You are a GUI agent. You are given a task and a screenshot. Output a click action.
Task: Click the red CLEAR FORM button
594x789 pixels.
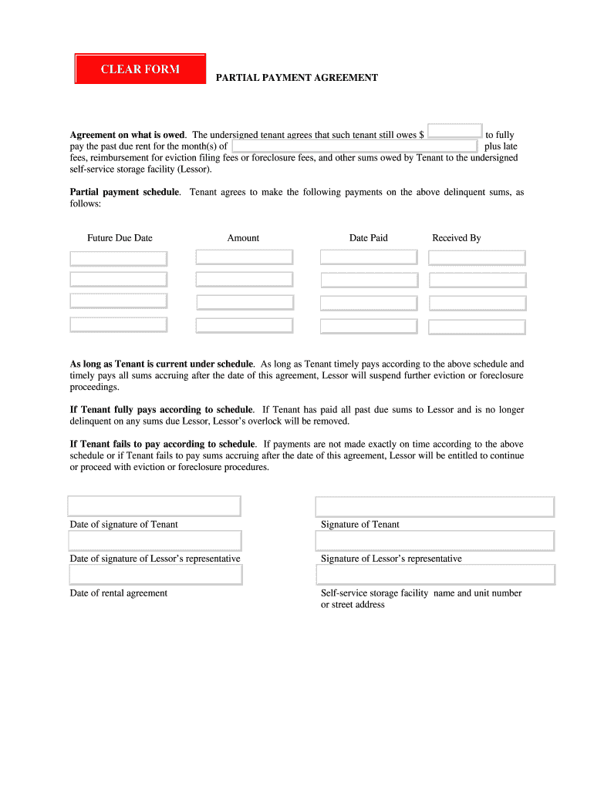[x=140, y=69]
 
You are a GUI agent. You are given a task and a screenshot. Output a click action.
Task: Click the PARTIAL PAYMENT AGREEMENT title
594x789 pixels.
[x=296, y=78]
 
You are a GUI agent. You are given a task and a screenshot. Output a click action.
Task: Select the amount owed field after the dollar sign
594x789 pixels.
[x=454, y=131]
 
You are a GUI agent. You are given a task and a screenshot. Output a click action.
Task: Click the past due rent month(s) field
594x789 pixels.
[x=354, y=146]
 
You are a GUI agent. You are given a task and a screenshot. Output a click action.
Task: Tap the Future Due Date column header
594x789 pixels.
[x=120, y=238]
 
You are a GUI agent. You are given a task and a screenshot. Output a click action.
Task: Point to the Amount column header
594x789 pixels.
[x=243, y=238]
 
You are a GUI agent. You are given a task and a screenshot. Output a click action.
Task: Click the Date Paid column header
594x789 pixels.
[x=368, y=238]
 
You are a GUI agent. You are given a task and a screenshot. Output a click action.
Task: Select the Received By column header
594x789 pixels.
[x=456, y=238]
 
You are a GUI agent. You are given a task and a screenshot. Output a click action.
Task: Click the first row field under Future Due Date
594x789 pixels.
[x=118, y=258]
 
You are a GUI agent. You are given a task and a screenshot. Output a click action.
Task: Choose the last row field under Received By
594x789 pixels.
[x=477, y=327]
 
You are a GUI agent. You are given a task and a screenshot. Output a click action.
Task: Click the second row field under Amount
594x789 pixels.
[x=244, y=279]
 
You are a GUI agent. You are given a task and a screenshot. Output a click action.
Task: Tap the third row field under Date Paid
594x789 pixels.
[x=369, y=303]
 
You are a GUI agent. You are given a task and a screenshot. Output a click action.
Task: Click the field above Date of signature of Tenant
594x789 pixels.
[x=154, y=505]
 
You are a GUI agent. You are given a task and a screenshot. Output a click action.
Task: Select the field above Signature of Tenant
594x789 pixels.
[x=435, y=506]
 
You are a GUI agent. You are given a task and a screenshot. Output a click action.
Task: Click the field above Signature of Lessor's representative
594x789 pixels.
[x=435, y=540]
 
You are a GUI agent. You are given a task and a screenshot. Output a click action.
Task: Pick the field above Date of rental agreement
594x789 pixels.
[x=155, y=575]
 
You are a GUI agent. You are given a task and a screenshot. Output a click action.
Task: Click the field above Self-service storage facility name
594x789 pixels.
[x=435, y=575]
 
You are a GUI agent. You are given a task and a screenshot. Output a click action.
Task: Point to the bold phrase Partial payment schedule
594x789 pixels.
[x=125, y=192]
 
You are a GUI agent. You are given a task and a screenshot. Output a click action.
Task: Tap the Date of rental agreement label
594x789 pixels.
[x=118, y=593]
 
